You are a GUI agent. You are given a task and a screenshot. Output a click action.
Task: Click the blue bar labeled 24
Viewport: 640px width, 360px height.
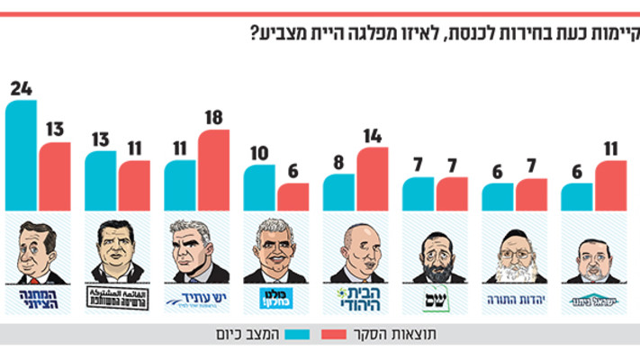22,155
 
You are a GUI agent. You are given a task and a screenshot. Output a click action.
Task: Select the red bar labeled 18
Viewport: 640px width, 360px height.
213,169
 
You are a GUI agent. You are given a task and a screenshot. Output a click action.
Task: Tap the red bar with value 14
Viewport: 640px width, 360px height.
372,178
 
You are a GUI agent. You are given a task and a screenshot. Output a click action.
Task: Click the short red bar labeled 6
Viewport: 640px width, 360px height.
293,196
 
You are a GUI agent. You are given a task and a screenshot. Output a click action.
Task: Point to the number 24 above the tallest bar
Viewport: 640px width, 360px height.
22,88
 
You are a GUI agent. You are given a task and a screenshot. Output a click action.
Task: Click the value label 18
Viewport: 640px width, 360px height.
214,117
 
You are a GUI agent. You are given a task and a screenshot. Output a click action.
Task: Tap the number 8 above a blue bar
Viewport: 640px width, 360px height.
339,162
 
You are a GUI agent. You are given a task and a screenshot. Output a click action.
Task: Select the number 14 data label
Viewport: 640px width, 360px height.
373,135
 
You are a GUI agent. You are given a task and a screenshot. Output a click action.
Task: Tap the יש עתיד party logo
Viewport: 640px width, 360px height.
196,296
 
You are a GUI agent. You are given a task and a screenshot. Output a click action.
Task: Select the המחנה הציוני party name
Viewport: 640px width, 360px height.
37,297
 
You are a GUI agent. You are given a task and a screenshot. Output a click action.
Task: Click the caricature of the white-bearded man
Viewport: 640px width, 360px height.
515,252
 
